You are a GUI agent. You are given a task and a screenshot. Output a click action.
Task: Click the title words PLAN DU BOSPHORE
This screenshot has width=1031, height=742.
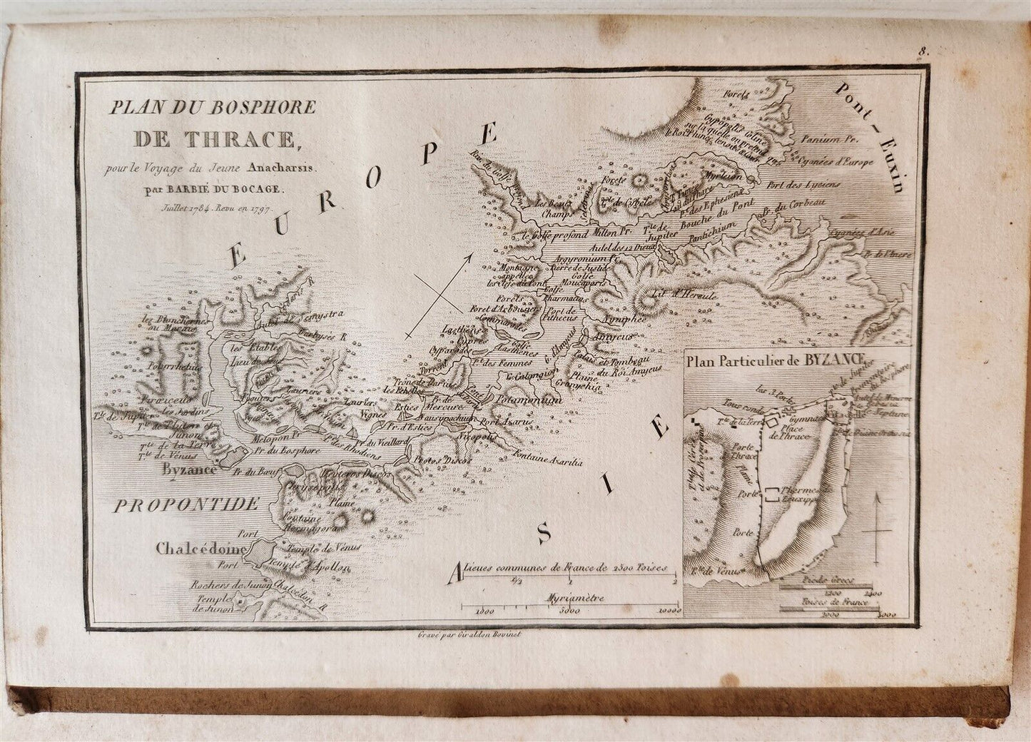coord(212,108)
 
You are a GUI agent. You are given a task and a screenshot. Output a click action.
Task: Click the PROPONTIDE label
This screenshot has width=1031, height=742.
coord(186,505)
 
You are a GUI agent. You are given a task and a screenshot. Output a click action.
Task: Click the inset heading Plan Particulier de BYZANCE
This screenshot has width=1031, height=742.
coord(776,360)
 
